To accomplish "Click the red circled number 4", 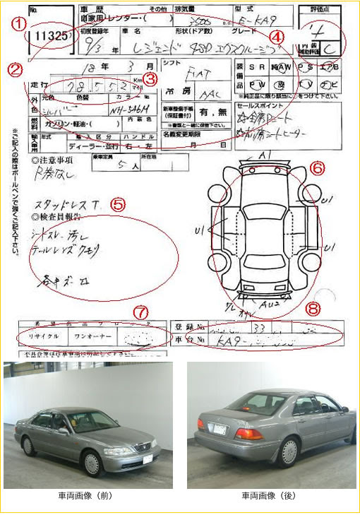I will [x=278, y=35].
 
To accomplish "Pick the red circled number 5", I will [x=118, y=205].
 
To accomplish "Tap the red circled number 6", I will [x=318, y=167].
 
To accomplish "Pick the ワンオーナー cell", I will [x=93, y=336].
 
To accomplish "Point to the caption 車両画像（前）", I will [x=88, y=496].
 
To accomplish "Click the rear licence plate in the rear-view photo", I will [x=220, y=428].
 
